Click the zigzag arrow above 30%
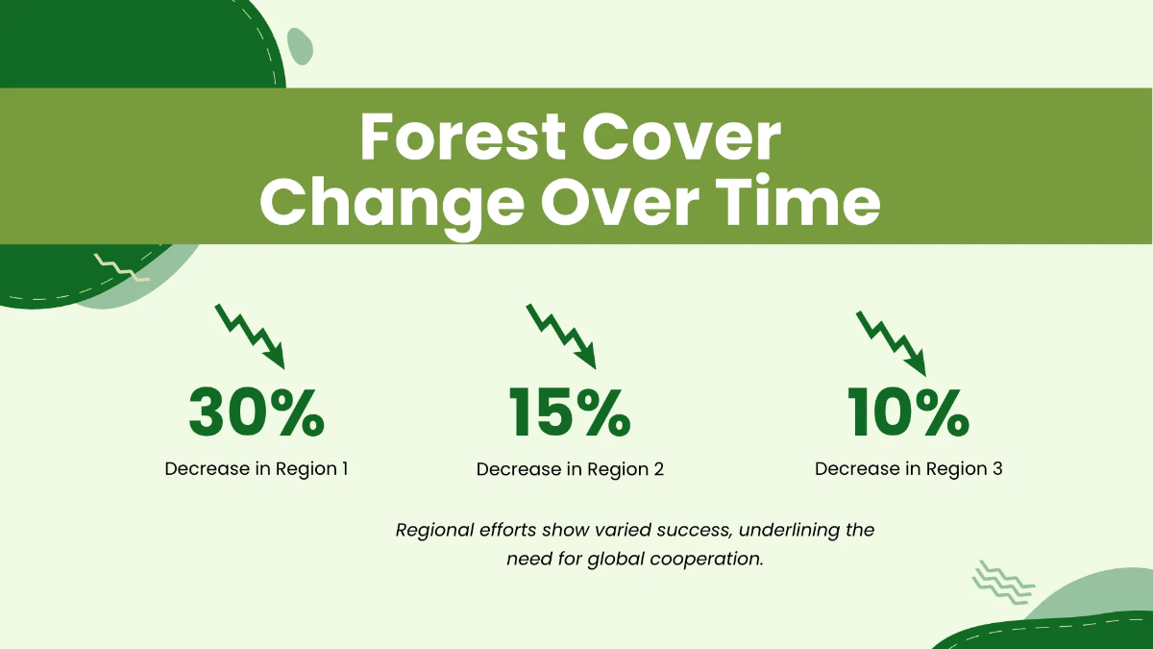251,336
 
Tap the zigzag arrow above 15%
561,336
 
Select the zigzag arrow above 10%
891,341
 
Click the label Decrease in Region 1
256,469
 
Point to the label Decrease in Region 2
570,469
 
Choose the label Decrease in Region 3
908,469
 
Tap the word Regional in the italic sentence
433,530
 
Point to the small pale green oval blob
301,45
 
